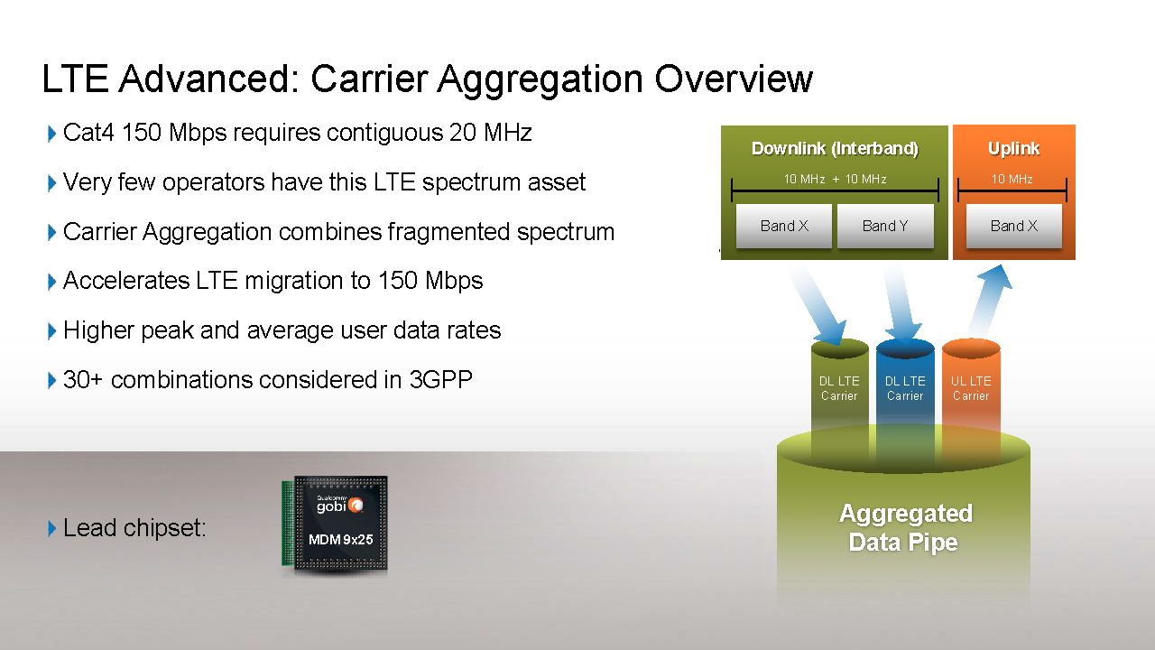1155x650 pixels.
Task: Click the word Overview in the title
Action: (734, 79)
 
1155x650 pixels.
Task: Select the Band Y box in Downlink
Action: (885, 226)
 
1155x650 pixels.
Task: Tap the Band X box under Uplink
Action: (1013, 226)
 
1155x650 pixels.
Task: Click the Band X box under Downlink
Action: (784, 226)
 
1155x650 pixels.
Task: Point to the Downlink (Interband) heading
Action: (835, 149)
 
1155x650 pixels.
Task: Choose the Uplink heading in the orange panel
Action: (1013, 149)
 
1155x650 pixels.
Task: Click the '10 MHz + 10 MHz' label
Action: (835, 179)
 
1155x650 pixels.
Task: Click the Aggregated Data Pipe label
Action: (905, 528)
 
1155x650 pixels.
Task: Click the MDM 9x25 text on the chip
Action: (340, 540)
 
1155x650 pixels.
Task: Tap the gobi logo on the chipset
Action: (340, 505)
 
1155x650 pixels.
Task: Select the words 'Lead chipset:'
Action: (134, 528)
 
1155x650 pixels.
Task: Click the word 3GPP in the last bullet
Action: (441, 380)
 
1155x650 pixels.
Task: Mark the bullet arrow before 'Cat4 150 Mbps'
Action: (51, 134)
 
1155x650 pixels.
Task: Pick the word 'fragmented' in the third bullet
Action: (449, 232)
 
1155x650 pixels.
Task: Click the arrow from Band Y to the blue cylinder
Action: (902, 303)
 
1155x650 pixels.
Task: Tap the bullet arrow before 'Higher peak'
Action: (51, 331)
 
